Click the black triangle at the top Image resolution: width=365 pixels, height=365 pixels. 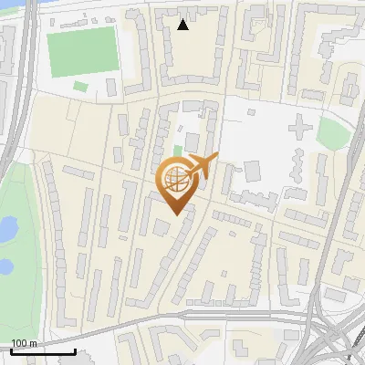point(183,25)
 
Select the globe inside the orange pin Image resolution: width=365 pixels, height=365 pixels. point(176,180)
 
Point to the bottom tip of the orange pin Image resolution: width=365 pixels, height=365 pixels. point(176,214)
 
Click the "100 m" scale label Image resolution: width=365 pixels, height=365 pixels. point(25,343)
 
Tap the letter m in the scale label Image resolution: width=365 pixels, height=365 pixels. point(33,343)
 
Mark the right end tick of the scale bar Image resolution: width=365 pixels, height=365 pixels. point(75,350)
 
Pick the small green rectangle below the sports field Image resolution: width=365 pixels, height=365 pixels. point(80,87)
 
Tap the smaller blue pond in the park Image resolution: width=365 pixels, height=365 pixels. point(5,266)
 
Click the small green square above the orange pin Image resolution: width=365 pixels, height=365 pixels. point(179,151)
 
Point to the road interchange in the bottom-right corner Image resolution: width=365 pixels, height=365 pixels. point(333,338)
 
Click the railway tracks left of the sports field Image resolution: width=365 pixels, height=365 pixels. point(26,64)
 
